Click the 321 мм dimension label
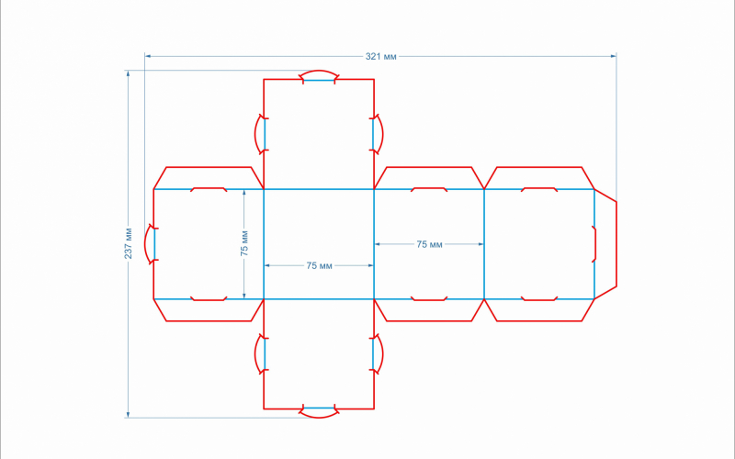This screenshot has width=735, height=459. [380, 57]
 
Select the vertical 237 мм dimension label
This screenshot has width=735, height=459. [128, 243]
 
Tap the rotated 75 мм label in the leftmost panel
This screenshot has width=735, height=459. [243, 243]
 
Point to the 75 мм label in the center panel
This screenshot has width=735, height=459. [319, 265]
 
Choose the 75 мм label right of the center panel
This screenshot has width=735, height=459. [429, 244]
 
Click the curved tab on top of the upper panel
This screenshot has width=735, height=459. [319, 76]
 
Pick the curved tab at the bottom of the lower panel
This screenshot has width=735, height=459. [319, 411]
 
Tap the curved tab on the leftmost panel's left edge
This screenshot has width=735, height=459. [151, 244]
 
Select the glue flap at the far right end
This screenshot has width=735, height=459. [605, 244]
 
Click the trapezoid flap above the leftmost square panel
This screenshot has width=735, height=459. [209, 178]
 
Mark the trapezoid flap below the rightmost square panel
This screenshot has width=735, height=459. [539, 310]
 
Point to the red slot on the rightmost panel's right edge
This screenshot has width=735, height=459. [594, 244]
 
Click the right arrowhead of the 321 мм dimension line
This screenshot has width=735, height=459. [614, 56]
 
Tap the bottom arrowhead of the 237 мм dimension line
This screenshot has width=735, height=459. [128, 415]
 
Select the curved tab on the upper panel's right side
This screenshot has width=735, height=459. [378, 134]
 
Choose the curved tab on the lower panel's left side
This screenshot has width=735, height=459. [261, 354]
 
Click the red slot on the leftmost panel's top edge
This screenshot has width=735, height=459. [209, 190]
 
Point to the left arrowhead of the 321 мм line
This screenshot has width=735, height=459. [148, 56]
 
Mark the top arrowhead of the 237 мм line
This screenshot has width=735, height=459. [128, 73]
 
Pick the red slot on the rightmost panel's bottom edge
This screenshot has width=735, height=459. [539, 298]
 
